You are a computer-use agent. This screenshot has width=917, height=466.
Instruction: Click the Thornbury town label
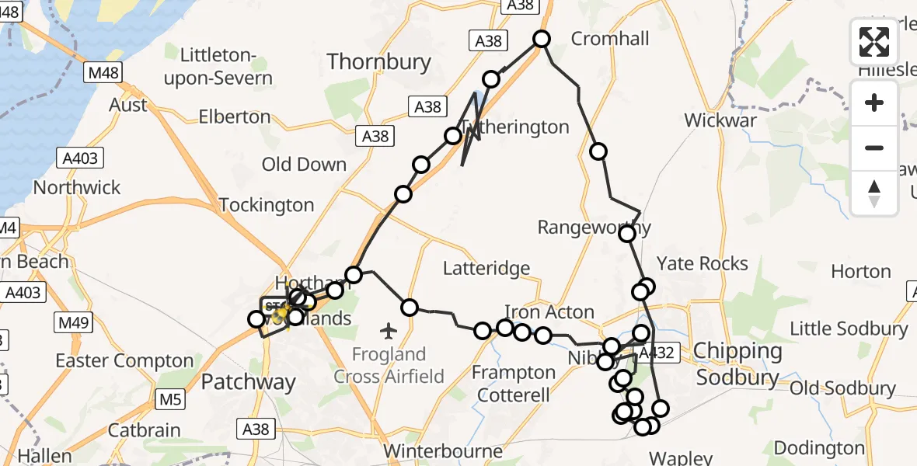378,62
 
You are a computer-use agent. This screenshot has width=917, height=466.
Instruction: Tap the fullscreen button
874,42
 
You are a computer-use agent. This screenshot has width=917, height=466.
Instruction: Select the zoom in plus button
874,103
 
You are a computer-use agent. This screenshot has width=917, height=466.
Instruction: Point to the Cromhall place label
610,38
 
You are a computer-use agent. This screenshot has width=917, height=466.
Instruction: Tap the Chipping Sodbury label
737,364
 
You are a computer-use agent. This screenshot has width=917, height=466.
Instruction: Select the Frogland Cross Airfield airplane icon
389,332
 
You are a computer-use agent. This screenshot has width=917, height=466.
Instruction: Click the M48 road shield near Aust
103,73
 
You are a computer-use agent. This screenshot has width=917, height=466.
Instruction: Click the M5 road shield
172,400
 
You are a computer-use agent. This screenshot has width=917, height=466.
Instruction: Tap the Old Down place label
304,165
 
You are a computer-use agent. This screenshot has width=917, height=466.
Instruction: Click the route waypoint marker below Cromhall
598,151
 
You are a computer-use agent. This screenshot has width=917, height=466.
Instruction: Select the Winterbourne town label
442,451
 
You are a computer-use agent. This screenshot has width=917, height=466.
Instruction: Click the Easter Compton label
124,361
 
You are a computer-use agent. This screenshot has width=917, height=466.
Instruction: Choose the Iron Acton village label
549,312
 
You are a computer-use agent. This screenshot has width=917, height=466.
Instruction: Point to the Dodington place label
819,449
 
